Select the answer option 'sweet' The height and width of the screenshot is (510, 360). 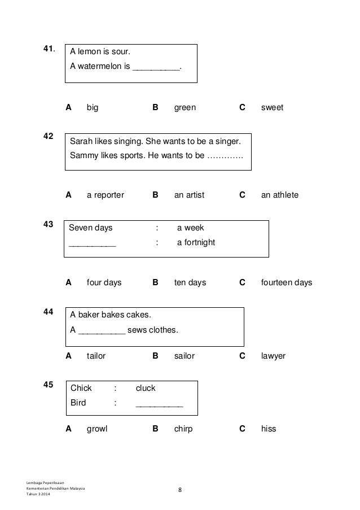(272, 107)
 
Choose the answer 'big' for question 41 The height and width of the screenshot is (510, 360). (92, 107)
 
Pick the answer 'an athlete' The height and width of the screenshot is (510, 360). (279, 195)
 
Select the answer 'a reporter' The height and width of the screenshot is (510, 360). (105, 195)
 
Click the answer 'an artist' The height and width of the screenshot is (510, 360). (189, 195)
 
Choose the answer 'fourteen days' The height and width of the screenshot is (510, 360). (286, 282)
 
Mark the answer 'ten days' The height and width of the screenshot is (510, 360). (190, 282)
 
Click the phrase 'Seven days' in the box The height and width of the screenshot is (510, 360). (90, 228)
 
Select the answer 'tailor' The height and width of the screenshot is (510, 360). (96, 356)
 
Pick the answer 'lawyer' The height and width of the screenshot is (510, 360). (273, 356)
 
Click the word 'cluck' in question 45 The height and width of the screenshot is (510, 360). (146, 388)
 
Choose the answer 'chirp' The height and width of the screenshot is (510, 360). (183, 429)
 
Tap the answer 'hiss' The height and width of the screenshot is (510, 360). (269, 429)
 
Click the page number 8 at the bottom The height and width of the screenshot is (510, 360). (180, 490)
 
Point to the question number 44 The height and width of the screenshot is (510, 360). (49, 312)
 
